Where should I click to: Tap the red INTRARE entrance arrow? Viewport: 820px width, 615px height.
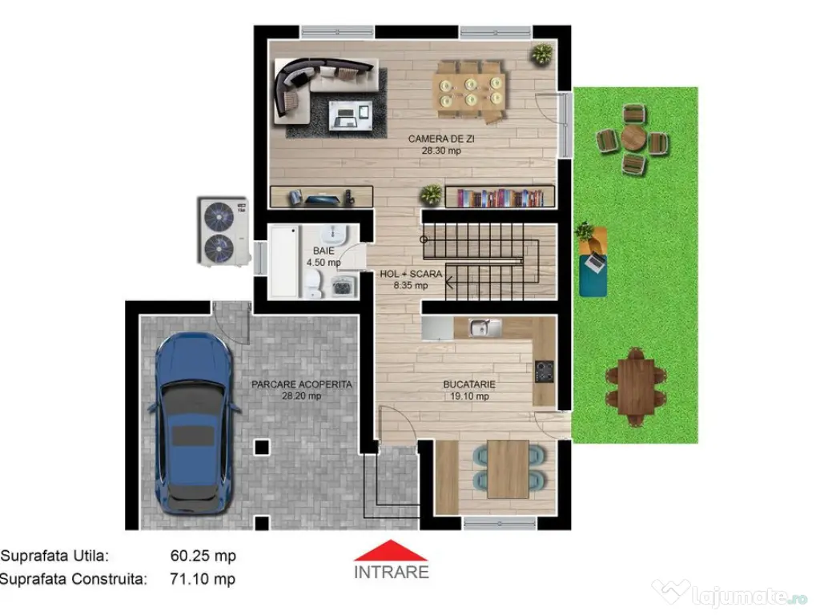pyautogui.click(x=391, y=551)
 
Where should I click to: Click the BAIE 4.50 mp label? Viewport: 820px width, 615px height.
pyautogui.click(x=324, y=256)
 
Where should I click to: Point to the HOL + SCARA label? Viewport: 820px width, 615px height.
pyautogui.click(x=411, y=279)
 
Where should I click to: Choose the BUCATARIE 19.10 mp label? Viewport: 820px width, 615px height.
pyautogui.click(x=469, y=390)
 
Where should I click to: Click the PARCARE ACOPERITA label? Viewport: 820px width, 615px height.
pyautogui.click(x=301, y=390)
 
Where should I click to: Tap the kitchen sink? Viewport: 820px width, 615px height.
pyautogui.click(x=480, y=327)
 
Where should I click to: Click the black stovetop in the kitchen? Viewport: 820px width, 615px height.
pyautogui.click(x=545, y=370)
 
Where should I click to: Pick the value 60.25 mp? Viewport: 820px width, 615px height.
pyautogui.click(x=203, y=556)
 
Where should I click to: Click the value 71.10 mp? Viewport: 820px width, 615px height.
pyautogui.click(x=203, y=578)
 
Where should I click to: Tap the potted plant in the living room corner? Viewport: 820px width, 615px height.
pyautogui.click(x=542, y=54)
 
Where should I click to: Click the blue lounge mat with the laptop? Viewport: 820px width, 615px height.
pyautogui.click(x=593, y=261)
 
